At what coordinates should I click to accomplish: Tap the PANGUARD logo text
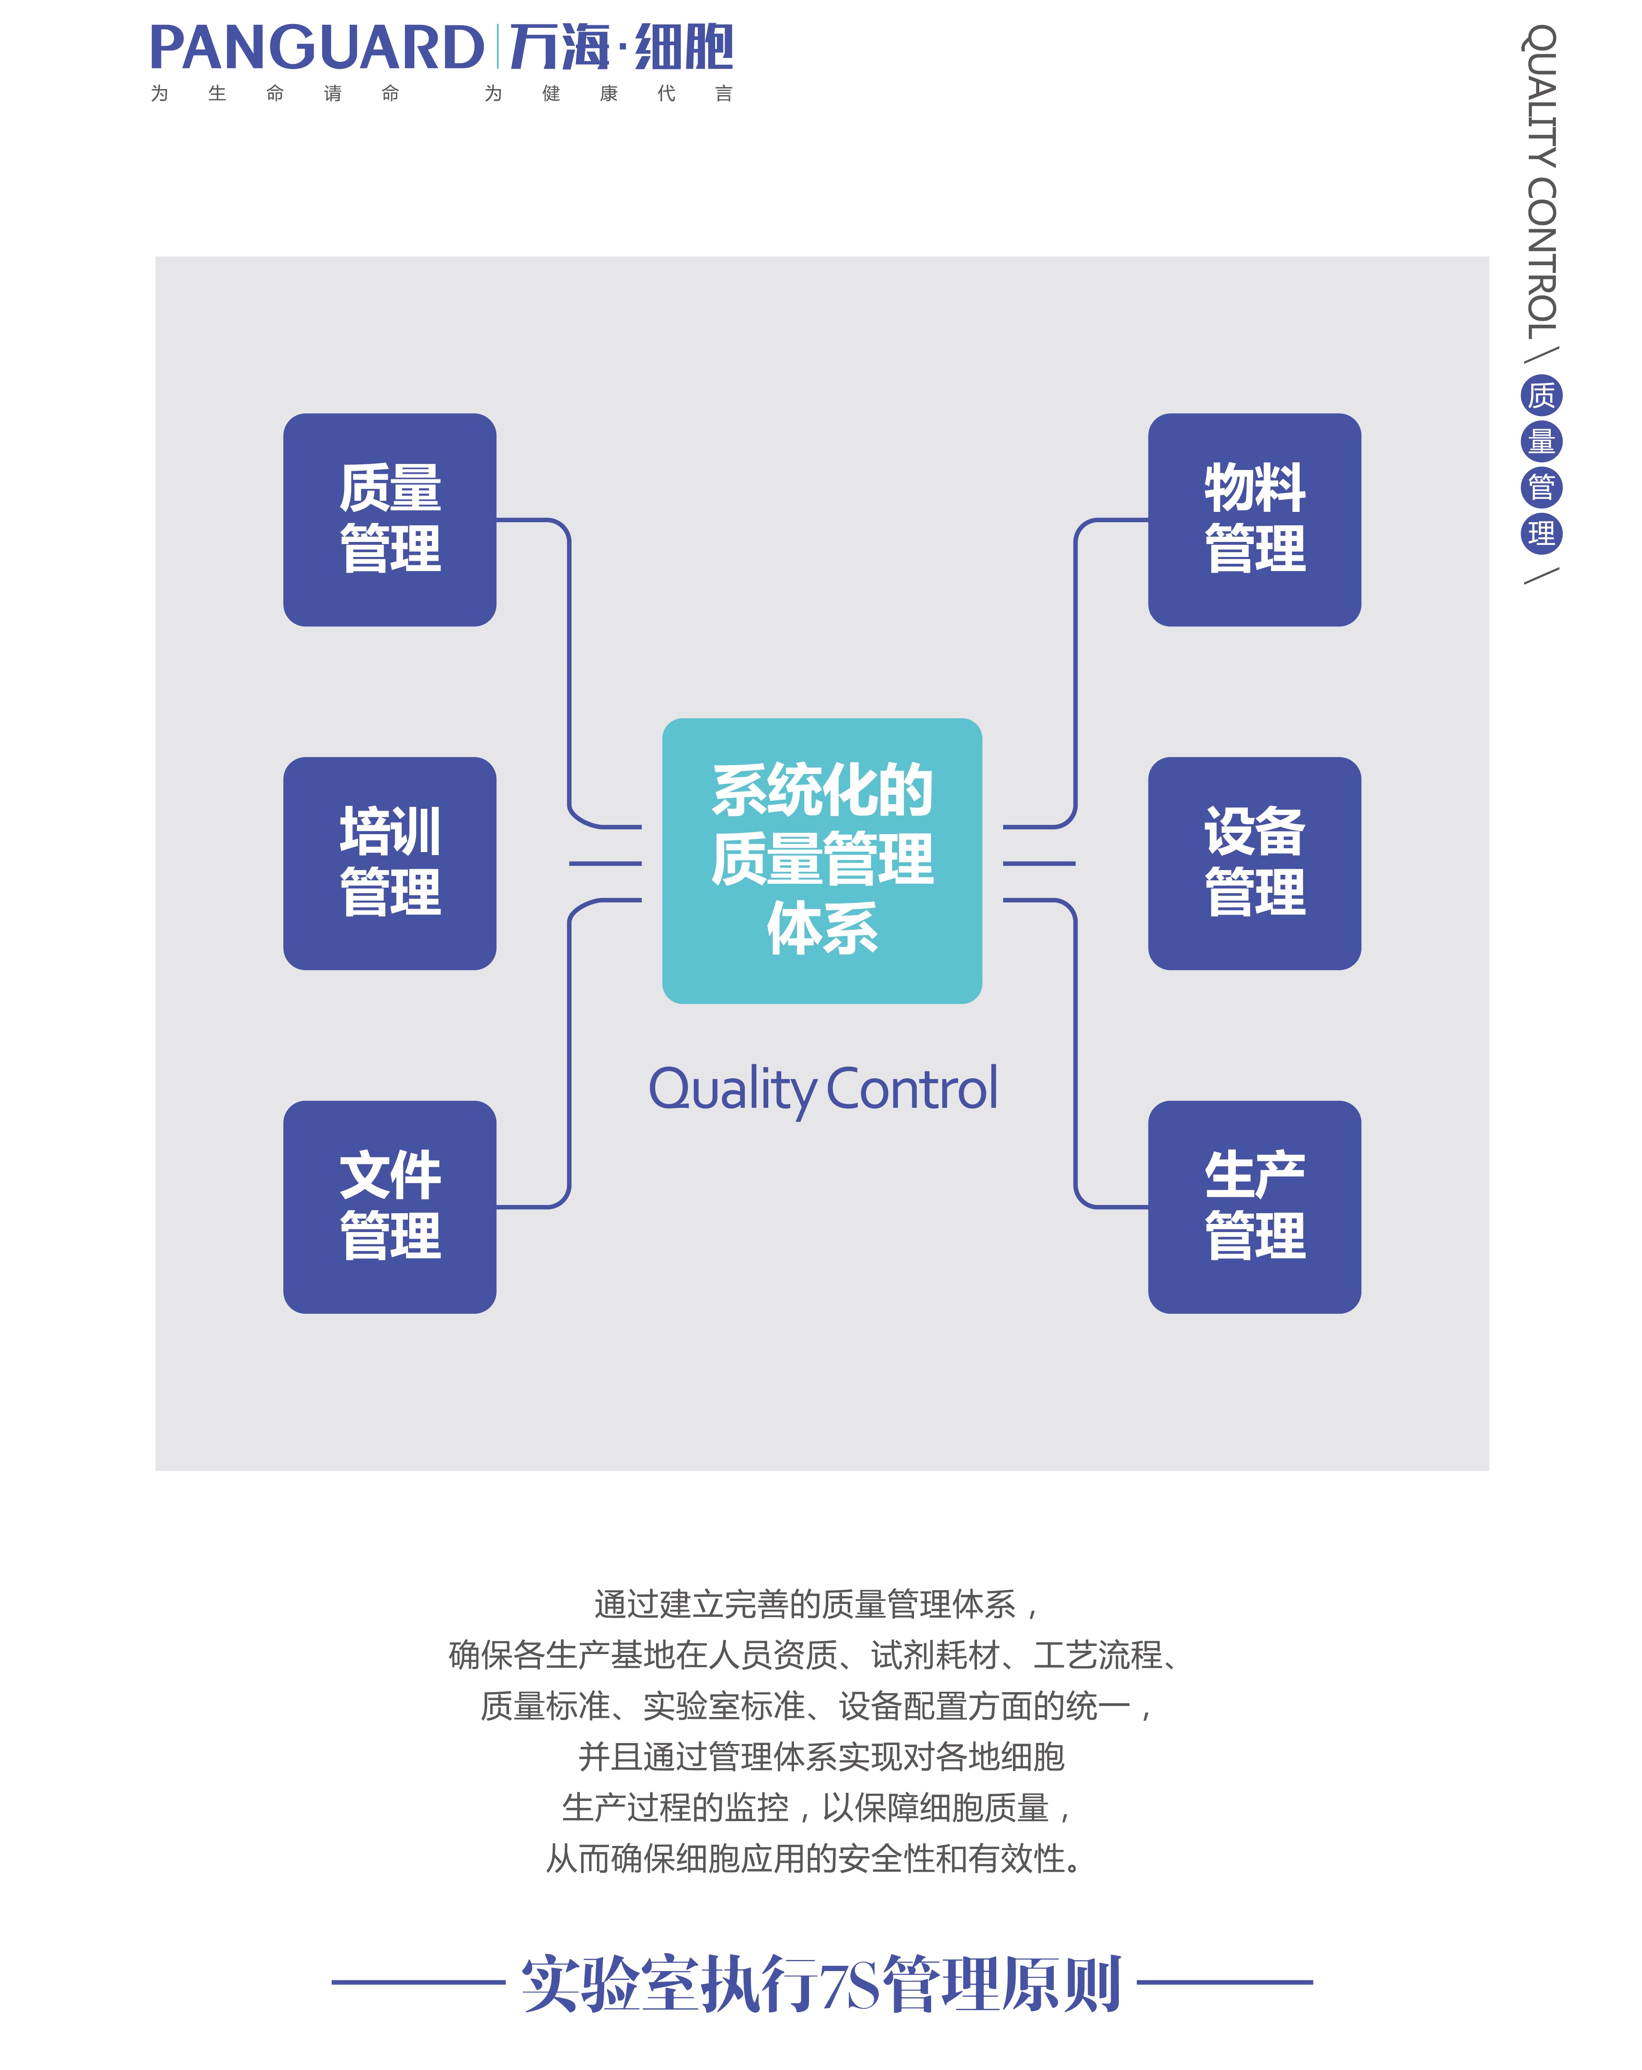click(317, 48)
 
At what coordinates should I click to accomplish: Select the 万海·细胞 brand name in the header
click(621, 48)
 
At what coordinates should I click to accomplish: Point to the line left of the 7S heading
click(418, 1982)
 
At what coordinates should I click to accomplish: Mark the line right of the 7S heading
click(1224, 1982)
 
